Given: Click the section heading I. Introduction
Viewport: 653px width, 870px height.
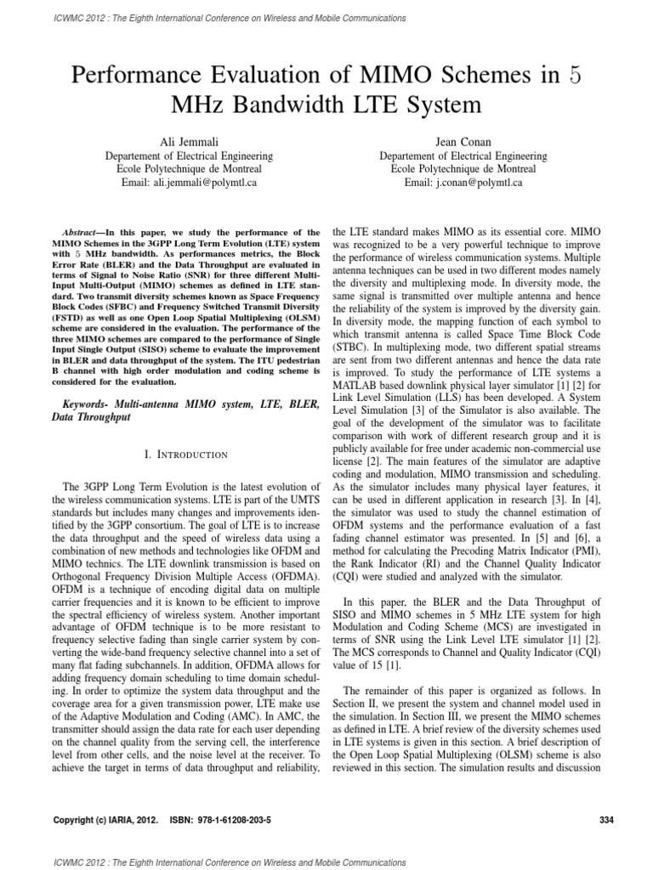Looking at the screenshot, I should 188,455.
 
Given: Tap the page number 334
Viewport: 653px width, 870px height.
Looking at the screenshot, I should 606,820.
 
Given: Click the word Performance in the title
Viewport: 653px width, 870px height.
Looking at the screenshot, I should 132,74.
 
